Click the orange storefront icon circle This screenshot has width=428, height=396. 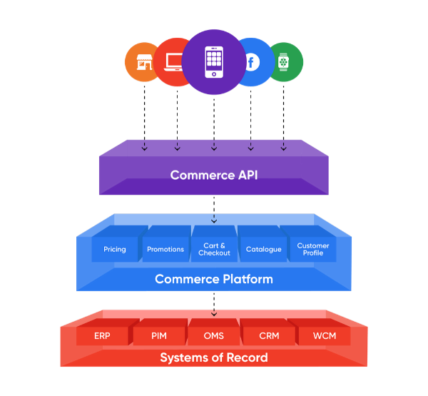[x=143, y=62]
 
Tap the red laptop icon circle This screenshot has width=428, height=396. [x=173, y=62]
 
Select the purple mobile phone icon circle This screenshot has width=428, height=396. [x=213, y=63]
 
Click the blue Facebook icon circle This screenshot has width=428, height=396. [x=251, y=63]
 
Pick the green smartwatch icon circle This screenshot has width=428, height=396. [x=285, y=62]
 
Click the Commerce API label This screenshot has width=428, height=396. [x=213, y=175]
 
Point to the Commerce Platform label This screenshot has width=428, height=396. [x=213, y=279]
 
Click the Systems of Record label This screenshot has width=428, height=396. [x=213, y=357]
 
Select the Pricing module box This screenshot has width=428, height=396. [x=115, y=248]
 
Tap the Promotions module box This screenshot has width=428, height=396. [x=165, y=248]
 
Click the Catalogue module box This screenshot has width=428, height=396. [x=263, y=248]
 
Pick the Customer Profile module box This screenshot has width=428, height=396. [x=312, y=248]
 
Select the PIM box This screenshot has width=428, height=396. [x=159, y=335]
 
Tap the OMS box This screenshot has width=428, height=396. [x=214, y=335]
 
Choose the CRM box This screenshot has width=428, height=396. [x=269, y=335]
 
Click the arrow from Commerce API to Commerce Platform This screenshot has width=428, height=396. [x=213, y=208]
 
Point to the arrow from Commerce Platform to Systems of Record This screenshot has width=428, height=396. [x=213, y=304]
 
